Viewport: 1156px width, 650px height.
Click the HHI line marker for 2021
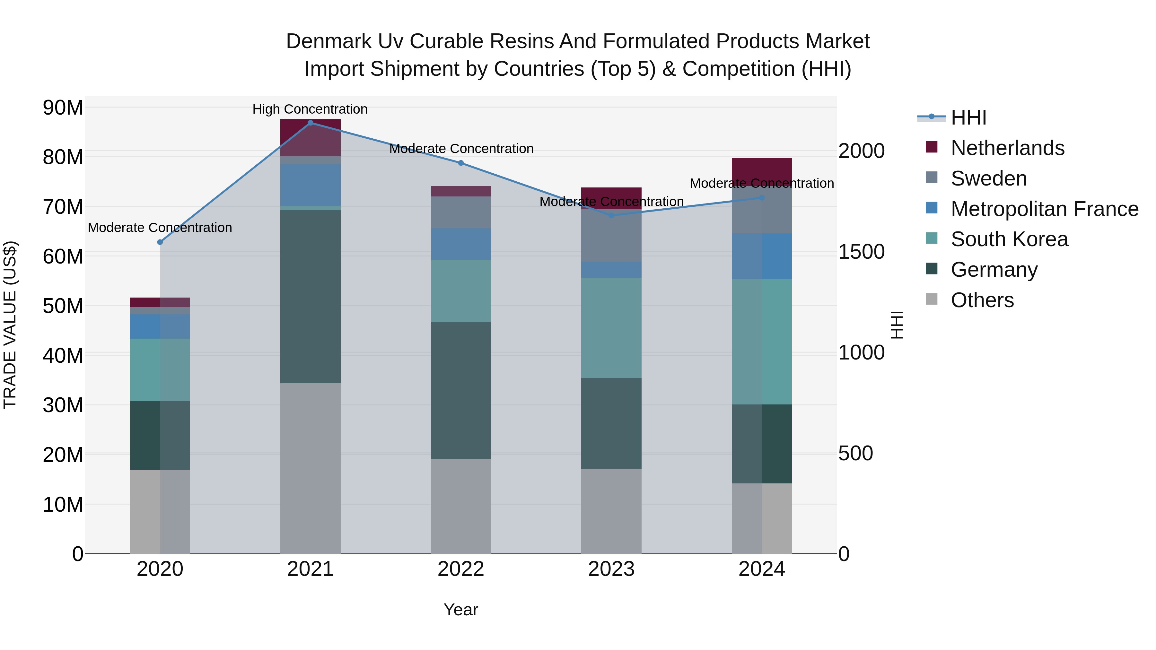point(310,123)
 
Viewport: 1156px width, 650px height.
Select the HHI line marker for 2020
point(160,242)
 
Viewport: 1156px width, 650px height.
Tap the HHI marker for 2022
point(461,163)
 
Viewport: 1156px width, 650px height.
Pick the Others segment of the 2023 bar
point(611,511)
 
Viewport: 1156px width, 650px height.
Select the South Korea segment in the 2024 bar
point(762,342)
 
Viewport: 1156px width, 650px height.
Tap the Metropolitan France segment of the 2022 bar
point(461,244)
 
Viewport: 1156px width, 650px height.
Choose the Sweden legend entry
point(989,178)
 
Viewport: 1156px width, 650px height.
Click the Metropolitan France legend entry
point(1044,209)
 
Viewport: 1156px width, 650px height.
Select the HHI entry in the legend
point(968,117)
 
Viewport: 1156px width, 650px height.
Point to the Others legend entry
point(982,300)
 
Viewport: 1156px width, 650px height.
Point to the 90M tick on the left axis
point(63,108)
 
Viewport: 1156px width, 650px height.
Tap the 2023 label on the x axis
point(611,569)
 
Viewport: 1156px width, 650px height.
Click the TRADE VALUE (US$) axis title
point(10,325)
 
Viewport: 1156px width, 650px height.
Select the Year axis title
point(461,610)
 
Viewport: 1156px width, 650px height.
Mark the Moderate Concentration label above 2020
point(160,228)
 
